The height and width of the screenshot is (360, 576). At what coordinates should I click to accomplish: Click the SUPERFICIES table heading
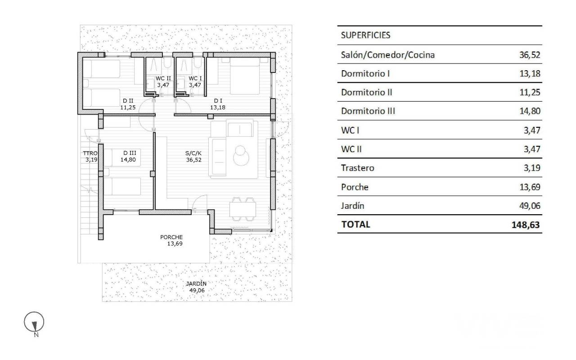pos(365,35)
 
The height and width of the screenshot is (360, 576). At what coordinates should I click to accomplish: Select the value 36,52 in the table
pos(530,55)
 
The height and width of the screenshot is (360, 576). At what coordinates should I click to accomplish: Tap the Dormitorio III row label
pos(368,111)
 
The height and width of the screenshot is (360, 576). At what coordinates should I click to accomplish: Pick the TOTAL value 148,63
pos(526,225)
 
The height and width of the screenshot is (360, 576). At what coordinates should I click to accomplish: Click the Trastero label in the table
pos(358,168)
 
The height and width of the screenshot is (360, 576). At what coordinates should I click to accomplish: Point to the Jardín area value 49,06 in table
pos(530,206)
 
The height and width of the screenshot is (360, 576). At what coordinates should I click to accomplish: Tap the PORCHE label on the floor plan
pos(171,237)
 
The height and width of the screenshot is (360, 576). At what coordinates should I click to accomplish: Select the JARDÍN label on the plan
pos(196,283)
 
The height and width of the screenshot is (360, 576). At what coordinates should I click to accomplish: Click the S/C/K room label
pos(193,153)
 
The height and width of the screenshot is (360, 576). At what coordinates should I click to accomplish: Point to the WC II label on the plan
pos(163,78)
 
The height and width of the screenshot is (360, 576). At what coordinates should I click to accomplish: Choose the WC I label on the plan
pos(195,78)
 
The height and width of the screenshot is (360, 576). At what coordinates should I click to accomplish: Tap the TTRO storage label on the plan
pos(90,153)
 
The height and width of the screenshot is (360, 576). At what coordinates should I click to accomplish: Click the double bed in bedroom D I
pos(245,76)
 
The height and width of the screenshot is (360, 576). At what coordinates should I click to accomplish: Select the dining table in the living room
pos(243,209)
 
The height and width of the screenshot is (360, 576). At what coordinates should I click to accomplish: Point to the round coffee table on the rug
pos(241,155)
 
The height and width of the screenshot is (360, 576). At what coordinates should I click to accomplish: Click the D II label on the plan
pos(128,101)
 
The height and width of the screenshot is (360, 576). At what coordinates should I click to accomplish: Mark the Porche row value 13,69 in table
pos(530,187)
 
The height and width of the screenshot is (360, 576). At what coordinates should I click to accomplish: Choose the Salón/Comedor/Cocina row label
pos(388,55)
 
